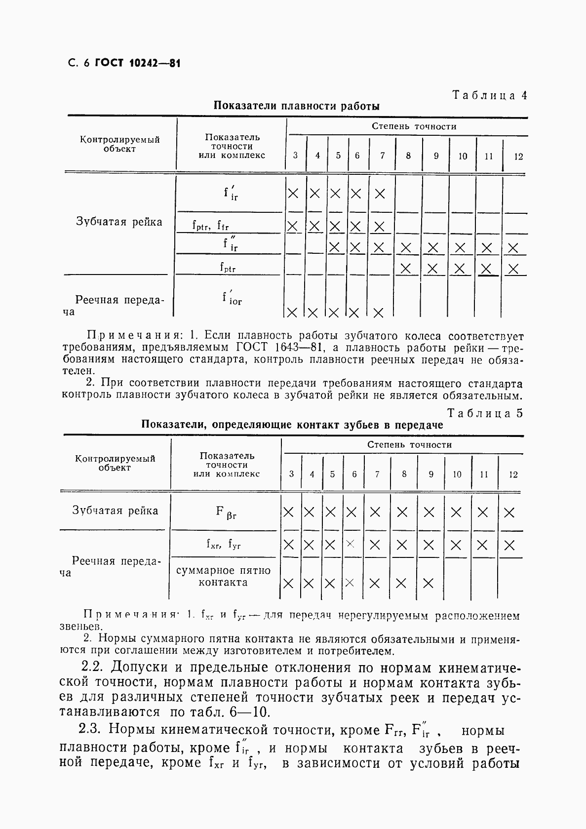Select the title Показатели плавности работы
click(297, 106)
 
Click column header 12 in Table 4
click(518, 157)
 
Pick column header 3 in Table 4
click(295, 155)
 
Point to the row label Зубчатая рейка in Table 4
click(119, 222)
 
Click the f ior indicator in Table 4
click(232, 298)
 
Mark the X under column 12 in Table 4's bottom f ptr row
click(513, 269)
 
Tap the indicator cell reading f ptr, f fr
click(210, 226)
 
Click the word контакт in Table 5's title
click(316, 425)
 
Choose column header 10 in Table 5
click(457, 474)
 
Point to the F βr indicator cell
click(226, 512)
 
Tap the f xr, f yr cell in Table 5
click(223, 544)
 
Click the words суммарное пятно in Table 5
click(223, 571)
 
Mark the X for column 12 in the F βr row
click(509, 513)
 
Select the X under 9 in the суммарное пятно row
click(428, 583)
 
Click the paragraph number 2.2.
click(92, 667)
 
